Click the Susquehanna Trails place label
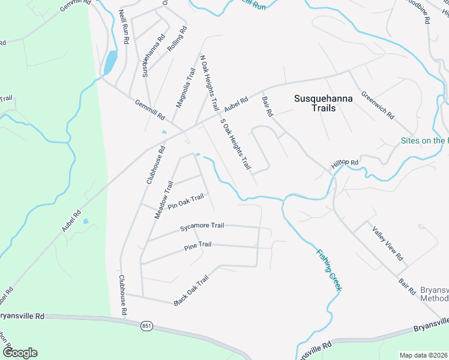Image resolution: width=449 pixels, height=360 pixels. (315, 103)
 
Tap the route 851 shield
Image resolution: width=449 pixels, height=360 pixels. (146, 326)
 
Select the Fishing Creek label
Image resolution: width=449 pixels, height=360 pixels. (329, 269)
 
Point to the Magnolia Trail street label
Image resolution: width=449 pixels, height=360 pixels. (185, 88)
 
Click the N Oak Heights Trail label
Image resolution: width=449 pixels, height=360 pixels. (209, 83)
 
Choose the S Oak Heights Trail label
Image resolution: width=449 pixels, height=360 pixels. (235, 144)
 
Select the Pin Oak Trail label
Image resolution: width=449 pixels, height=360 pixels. (186, 202)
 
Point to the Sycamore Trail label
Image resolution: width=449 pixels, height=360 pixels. (202, 226)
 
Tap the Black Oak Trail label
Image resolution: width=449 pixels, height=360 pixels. (191, 291)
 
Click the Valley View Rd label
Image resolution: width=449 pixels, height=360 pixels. (387, 243)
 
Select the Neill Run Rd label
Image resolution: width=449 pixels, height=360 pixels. (124, 26)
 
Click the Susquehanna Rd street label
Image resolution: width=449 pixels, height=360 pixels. (153, 56)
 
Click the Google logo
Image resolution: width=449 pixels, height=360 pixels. (20, 352)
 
